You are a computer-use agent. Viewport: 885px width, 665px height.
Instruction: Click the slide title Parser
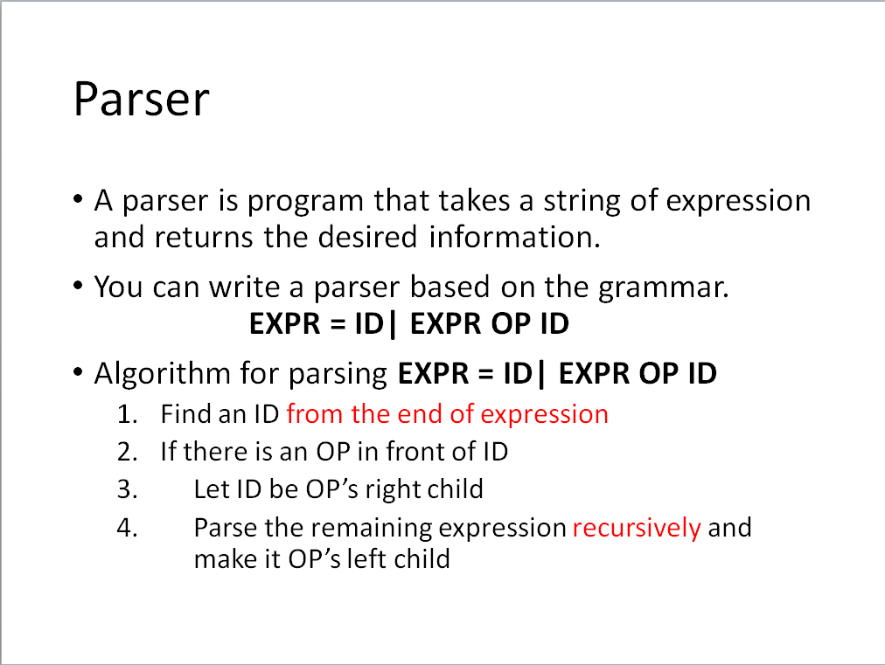(142, 100)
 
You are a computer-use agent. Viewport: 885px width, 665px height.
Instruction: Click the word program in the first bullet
(305, 202)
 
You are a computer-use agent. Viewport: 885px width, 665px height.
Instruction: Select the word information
(514, 237)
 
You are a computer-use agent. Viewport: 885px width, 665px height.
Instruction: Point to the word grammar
(663, 288)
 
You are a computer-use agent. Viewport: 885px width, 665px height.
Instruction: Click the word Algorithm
(163, 373)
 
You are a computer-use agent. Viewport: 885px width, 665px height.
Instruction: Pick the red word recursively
(637, 529)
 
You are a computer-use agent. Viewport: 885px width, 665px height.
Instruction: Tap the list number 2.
(127, 453)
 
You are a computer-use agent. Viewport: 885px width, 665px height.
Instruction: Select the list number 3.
(127, 490)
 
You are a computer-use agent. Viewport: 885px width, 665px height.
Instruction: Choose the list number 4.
(127, 529)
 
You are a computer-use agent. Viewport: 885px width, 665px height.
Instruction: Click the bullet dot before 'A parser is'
(79, 199)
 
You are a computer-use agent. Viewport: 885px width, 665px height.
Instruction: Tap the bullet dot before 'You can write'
(79, 286)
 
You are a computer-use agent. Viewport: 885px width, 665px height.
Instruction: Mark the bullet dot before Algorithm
(79, 372)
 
